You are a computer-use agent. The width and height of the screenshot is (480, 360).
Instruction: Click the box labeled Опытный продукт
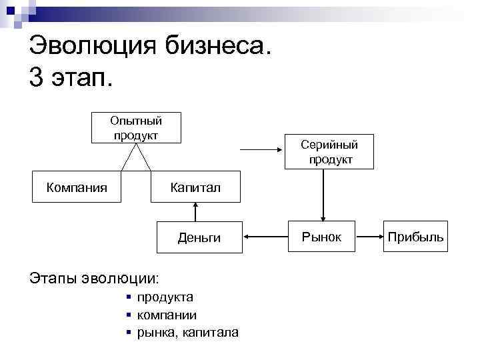[136, 128]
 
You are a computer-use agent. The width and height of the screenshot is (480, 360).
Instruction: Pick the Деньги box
[199, 237]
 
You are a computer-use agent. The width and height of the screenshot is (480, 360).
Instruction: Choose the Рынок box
[321, 236]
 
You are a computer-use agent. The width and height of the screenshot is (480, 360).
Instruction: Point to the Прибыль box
[415, 237]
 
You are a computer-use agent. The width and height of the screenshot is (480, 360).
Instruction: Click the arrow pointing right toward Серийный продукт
[263, 151]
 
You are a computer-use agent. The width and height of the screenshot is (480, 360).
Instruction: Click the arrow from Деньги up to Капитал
[195, 211]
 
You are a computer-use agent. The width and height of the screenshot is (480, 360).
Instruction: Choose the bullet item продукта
[165, 297]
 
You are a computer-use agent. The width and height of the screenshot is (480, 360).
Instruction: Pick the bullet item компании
[166, 315]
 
